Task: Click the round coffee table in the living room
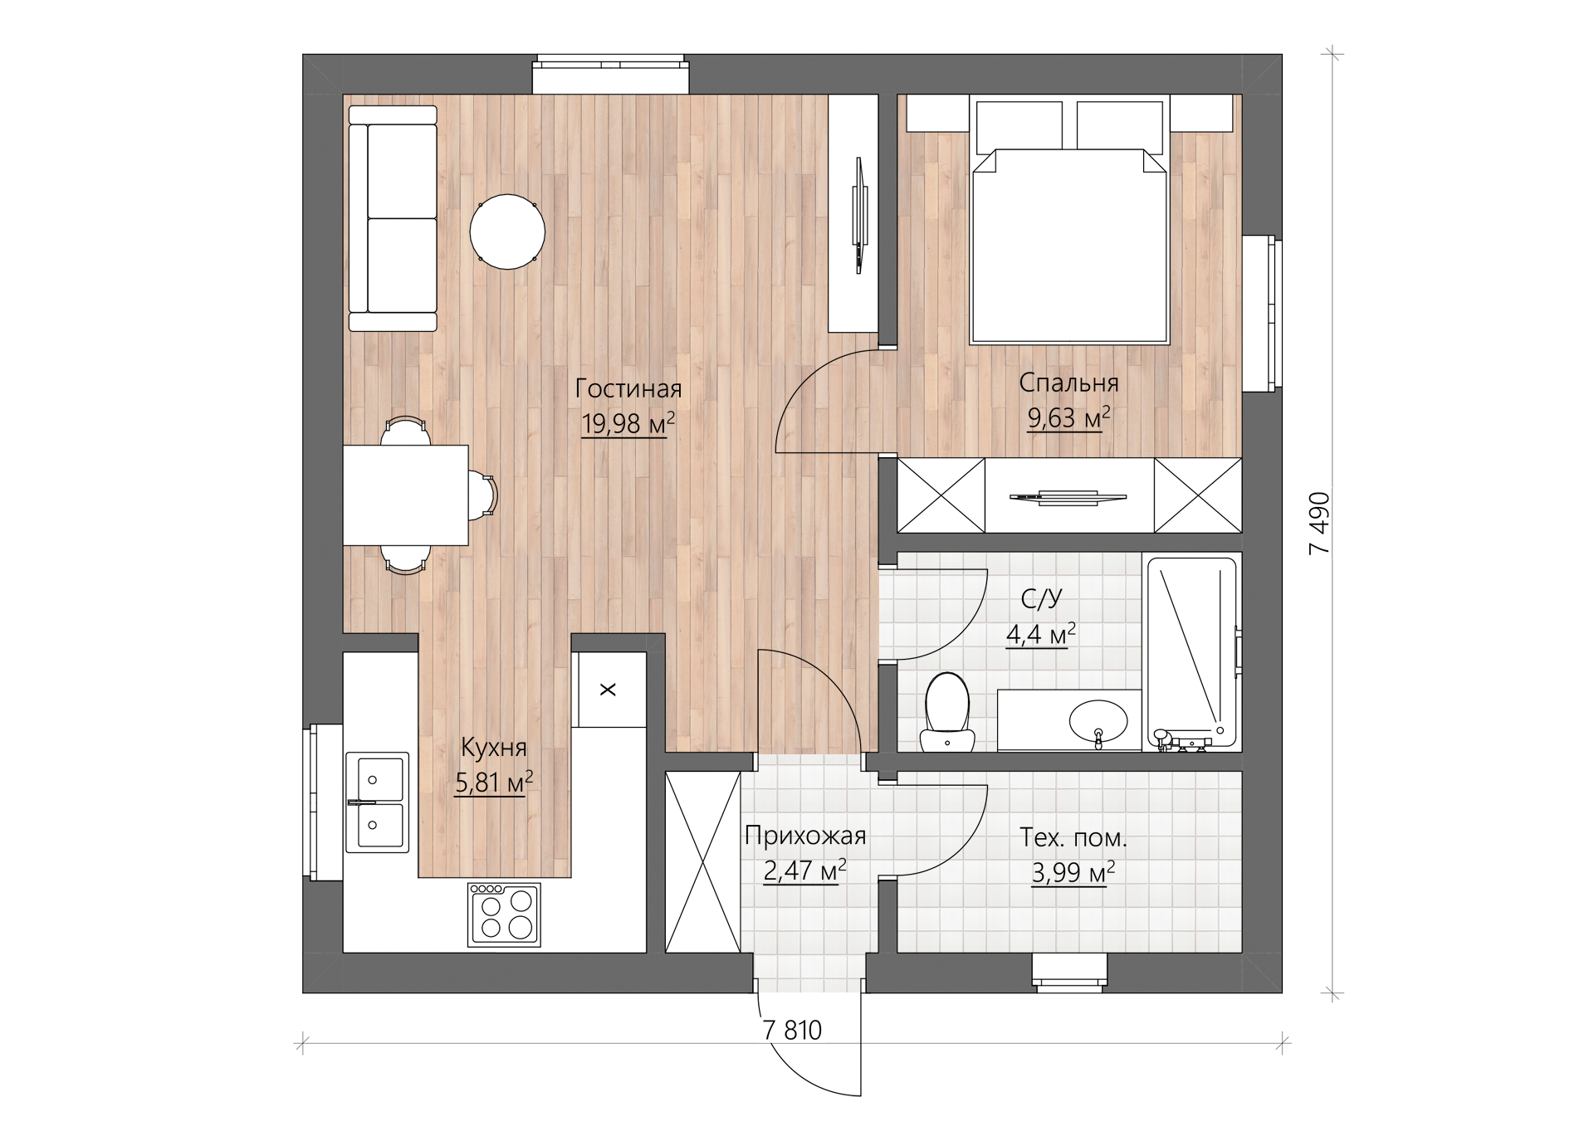click(507, 232)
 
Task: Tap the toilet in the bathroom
click(946, 712)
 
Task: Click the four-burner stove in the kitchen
click(504, 914)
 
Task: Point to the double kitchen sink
click(377, 802)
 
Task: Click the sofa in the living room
click(393, 218)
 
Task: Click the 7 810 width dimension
click(792, 1030)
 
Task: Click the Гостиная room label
click(628, 388)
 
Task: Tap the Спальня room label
click(1068, 383)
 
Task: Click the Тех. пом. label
click(1073, 838)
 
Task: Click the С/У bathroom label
click(1041, 598)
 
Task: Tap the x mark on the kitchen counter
click(608, 690)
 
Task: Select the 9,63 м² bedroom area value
click(1069, 417)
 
